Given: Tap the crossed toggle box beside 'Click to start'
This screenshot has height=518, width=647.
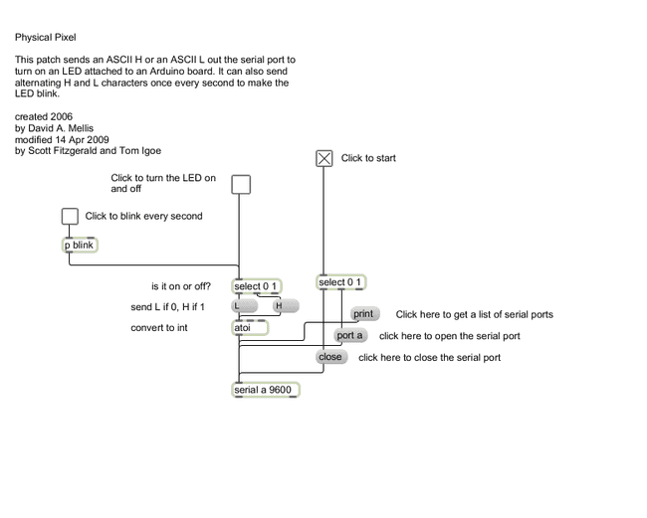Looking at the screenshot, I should pos(324,157).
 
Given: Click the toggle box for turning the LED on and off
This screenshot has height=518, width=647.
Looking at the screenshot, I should pos(240,184).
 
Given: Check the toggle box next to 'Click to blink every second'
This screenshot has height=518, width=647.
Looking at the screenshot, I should pos(70,216).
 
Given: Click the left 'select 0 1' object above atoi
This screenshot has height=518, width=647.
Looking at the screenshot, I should pos(256,287).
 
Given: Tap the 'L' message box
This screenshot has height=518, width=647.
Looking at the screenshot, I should pos(244,306).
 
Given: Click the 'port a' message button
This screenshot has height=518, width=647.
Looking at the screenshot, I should pos(350,336).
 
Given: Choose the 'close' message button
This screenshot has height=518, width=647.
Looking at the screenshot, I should pos(330,357).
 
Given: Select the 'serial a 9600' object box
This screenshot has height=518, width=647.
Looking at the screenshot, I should pos(265,390).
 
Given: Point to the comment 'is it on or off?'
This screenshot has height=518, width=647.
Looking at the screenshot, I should pos(181,286).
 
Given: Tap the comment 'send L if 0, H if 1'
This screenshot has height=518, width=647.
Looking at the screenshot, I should pos(175,307).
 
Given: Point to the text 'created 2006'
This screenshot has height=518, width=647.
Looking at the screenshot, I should pos(44,117).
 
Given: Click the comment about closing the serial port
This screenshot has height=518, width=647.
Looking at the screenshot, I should pos(429,358).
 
